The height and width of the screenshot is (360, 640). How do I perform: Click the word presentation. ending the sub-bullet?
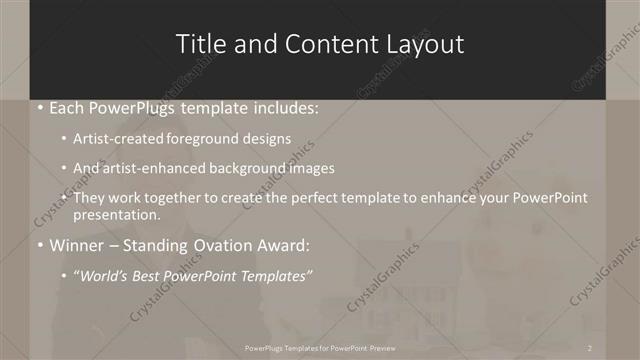pos(117,214)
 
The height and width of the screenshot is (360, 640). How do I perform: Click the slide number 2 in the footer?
pos(591,347)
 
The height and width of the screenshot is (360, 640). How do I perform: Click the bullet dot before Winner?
pos(39,244)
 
